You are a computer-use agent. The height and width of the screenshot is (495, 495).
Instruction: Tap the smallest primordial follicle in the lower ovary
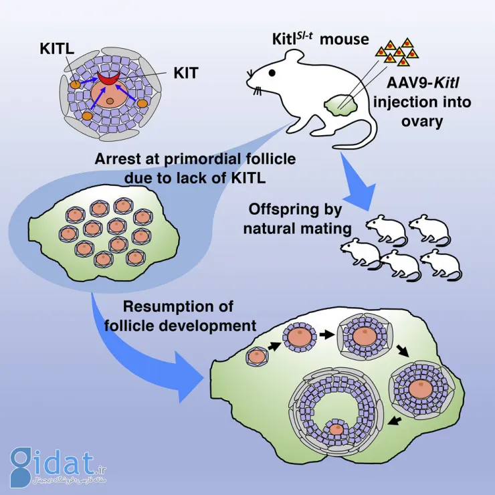tap(256, 358)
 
